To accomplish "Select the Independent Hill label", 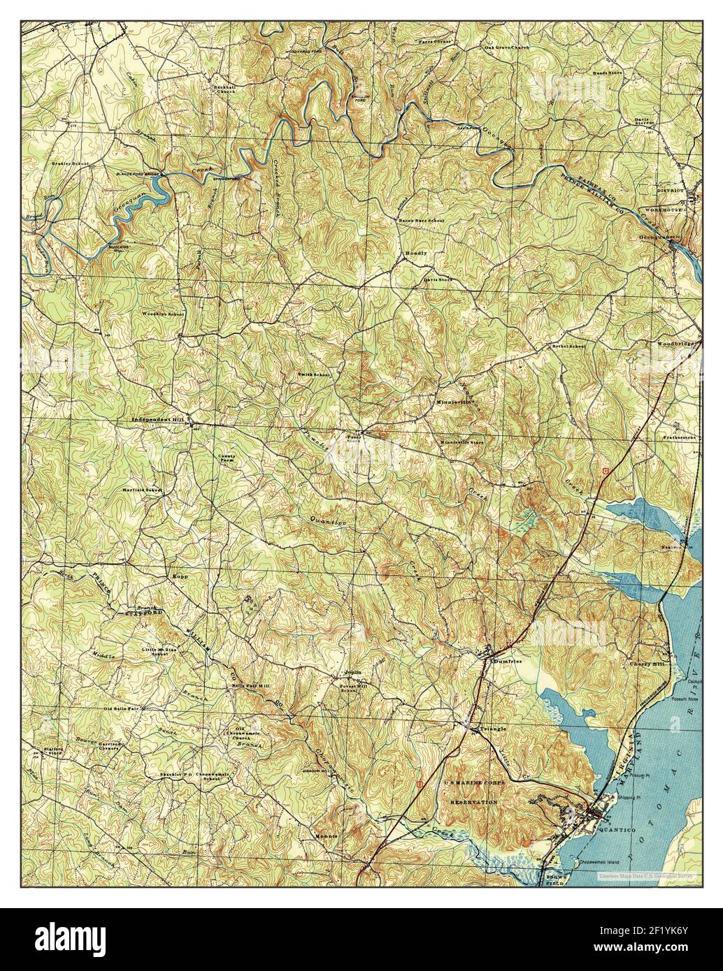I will click(157, 419).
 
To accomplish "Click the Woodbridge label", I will click(675, 344).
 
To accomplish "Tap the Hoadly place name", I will click(415, 254).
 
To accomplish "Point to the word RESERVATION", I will click(473, 803).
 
